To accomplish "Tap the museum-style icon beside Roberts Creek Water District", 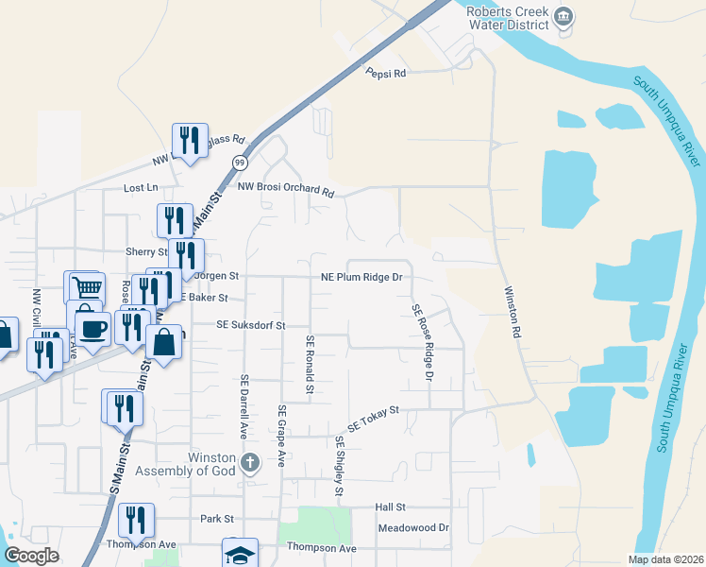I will click(564, 16).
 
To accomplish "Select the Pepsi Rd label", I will click(386, 73).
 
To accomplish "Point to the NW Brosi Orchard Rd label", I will click(286, 190).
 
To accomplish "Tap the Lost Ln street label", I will click(140, 188).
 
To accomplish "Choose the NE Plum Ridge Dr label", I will click(361, 278).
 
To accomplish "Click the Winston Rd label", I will click(513, 312).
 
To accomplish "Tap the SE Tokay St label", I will click(374, 420).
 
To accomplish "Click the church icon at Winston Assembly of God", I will click(249, 462).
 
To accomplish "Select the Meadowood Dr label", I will click(412, 528).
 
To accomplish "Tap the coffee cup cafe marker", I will click(92, 330).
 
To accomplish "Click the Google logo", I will click(31, 556).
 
